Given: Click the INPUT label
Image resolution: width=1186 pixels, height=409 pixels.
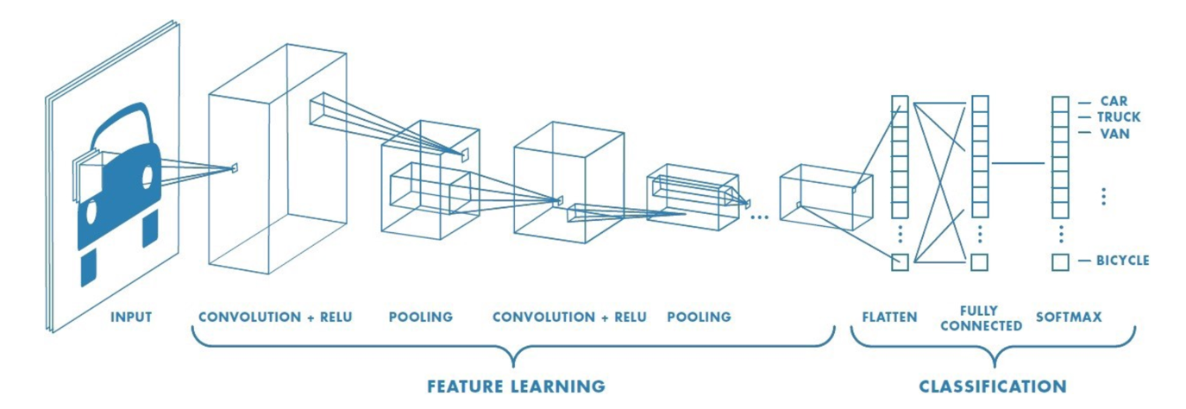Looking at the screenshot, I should point(130,318).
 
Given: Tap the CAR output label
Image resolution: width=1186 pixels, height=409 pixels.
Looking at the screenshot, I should point(1114,101).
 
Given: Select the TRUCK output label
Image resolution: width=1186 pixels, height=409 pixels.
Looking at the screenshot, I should point(1119,117).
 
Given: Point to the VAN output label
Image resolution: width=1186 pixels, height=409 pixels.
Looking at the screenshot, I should point(1114,134).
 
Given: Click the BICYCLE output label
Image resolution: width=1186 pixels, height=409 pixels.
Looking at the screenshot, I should point(1122,260).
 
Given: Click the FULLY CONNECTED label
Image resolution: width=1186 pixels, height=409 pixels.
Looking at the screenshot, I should point(981,318).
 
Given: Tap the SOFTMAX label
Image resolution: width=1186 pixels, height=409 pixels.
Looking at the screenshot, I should point(1069,318).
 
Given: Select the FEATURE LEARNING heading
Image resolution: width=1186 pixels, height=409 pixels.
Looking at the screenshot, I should point(516,386).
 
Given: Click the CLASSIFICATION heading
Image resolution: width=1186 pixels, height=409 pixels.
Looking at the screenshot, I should point(992,386).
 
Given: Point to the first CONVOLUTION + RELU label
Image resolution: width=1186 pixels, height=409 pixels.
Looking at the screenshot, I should point(275,318).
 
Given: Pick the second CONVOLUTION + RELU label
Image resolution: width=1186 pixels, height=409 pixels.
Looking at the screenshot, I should point(569,318).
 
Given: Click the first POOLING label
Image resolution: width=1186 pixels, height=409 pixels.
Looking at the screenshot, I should point(420,318).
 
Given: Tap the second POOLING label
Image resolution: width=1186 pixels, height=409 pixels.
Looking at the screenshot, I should point(699,318).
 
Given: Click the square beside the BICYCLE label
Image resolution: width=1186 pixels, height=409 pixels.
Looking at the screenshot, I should point(1060,261).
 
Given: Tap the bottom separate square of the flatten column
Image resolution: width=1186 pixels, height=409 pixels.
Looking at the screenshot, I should point(900,261).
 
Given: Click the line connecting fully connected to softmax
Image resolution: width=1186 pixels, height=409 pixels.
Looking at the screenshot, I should point(1018,163).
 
